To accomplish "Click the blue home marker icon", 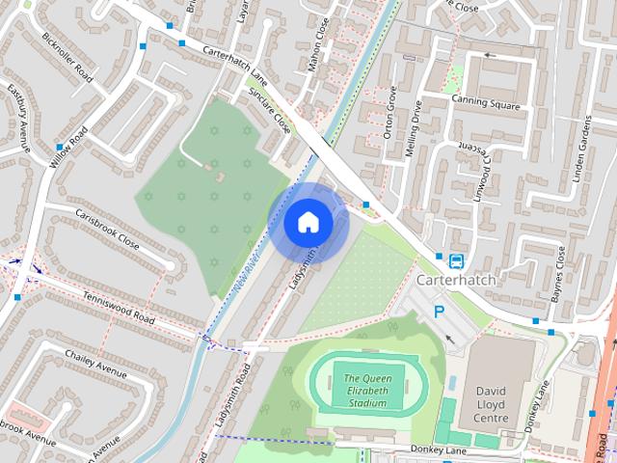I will [x=308, y=223].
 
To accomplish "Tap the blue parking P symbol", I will [x=440, y=312].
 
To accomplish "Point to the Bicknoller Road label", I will [x=67, y=57].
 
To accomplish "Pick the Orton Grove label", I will [x=391, y=112].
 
